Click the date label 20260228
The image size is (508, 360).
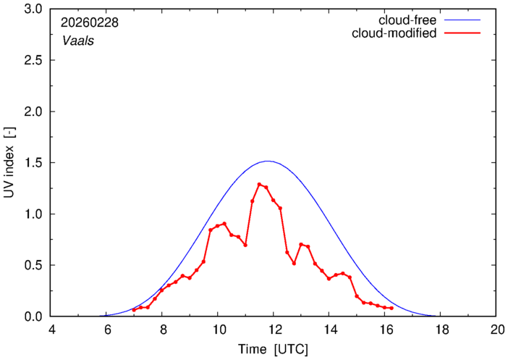click(90, 22)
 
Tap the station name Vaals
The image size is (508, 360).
click(77, 41)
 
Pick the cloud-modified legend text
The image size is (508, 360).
click(394, 33)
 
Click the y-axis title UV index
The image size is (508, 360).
click(9, 163)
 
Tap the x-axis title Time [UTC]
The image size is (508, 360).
click(273, 349)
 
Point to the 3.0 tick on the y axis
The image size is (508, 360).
click(33, 9)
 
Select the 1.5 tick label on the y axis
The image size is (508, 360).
click(33, 163)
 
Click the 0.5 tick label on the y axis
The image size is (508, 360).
click(33, 265)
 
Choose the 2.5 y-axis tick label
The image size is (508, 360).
click(33, 61)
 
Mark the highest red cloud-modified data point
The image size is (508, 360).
click(259, 185)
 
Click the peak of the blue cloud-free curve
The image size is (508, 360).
click(268, 161)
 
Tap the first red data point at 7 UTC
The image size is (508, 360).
click(134, 309)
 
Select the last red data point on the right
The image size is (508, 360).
click(391, 308)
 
